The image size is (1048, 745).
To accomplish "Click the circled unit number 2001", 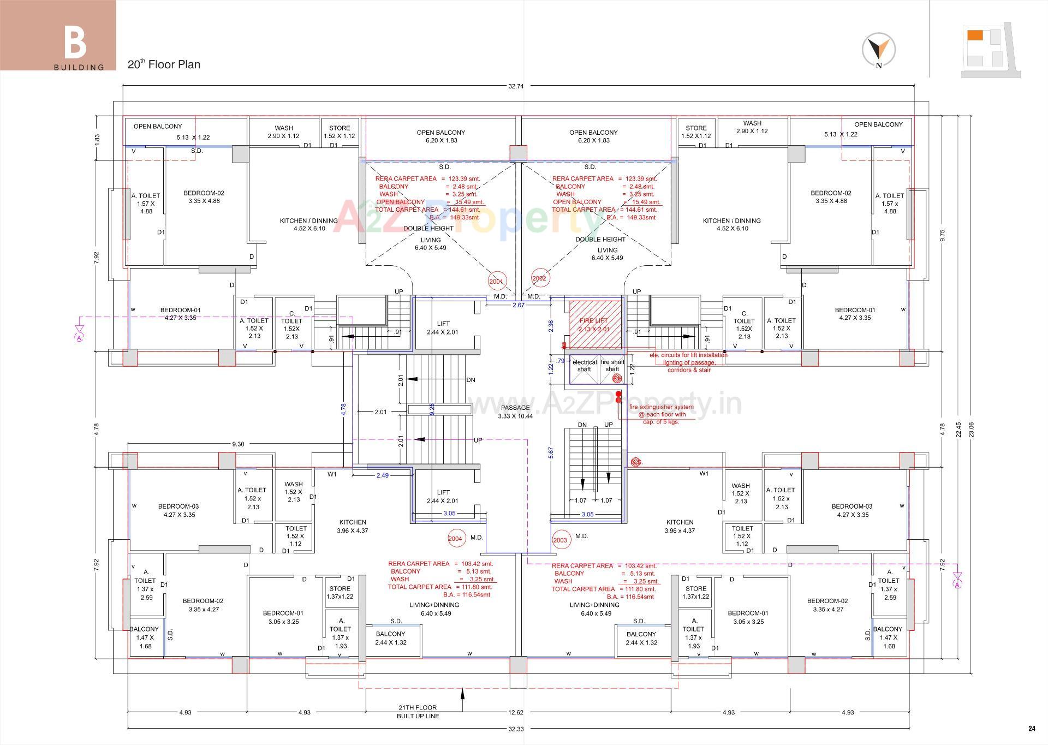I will pyautogui.click(x=496, y=282).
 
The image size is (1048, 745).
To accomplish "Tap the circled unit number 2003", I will pyautogui.click(x=560, y=540).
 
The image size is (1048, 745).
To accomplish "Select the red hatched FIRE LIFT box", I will pyautogui.click(x=595, y=324).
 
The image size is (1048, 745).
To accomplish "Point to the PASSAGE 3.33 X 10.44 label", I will pyautogui.click(x=515, y=412).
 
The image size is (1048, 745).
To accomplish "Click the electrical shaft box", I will pyautogui.click(x=584, y=366).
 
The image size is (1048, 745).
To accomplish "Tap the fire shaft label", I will pyautogui.click(x=612, y=365).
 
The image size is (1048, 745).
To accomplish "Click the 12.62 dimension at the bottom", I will pyautogui.click(x=516, y=712).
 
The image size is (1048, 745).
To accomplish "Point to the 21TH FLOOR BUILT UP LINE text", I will pyautogui.click(x=418, y=712).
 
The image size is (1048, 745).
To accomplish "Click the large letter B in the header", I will pyautogui.click(x=75, y=43).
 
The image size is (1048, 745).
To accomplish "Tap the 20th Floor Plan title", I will pyautogui.click(x=164, y=64).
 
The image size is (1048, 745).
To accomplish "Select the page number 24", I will pyautogui.click(x=1032, y=728).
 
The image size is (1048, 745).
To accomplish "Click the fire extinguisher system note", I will pyautogui.click(x=661, y=414).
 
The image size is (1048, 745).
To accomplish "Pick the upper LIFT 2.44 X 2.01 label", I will pyautogui.click(x=443, y=328).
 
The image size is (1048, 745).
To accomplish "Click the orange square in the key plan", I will pyautogui.click(x=975, y=35).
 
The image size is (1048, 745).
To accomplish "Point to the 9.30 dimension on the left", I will pyautogui.click(x=238, y=444).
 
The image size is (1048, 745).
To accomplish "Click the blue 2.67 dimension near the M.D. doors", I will pyautogui.click(x=518, y=305).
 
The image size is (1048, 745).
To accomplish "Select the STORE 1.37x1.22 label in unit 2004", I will pyautogui.click(x=340, y=592).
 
